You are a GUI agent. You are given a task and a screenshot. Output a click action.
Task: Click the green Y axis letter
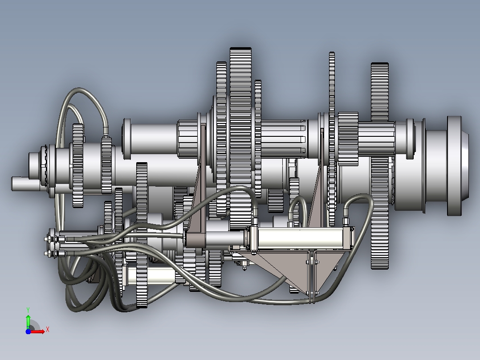[x=28, y=310]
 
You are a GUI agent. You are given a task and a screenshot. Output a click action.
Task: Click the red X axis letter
[x=48, y=330]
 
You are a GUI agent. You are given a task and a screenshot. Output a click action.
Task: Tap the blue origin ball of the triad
[x=28, y=331]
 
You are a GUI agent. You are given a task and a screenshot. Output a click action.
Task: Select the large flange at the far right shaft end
[x=457, y=166]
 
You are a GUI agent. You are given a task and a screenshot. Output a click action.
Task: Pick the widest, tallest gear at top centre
[x=240, y=138]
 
